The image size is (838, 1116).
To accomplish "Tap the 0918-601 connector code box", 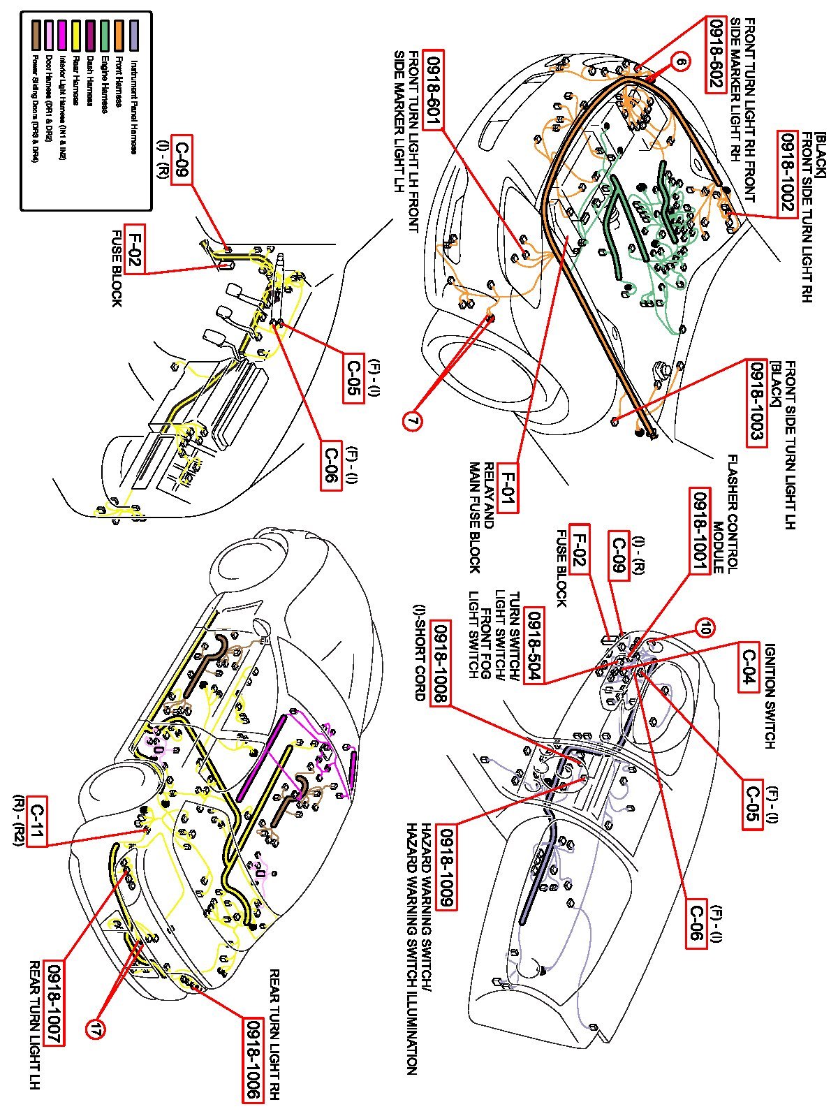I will [x=434, y=91].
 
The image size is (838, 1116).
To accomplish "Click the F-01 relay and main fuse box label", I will [x=508, y=486].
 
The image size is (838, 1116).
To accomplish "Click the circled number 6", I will [x=681, y=61].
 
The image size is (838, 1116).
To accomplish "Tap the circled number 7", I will [x=413, y=421].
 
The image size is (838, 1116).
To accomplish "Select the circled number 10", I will [x=705, y=629].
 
